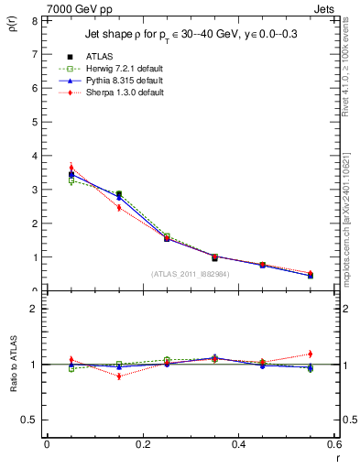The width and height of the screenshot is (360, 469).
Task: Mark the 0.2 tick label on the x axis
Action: pos(141,443)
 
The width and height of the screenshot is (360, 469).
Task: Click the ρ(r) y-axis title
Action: pos(12,28)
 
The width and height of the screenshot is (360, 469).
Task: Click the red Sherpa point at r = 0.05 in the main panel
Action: pos(71,168)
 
